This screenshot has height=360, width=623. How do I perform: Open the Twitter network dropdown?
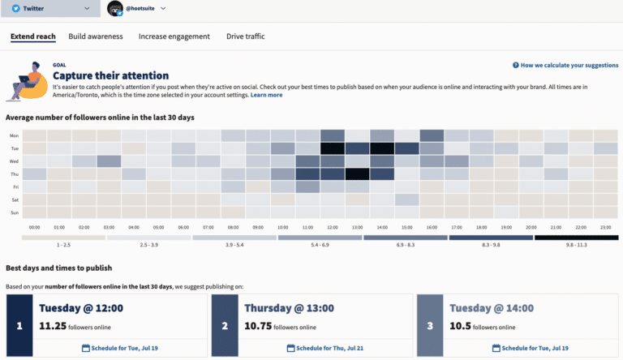(50, 8)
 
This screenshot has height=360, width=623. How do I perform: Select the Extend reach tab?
(33, 36)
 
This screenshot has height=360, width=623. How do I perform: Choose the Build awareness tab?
(96, 36)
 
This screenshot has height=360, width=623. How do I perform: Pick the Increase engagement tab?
(174, 36)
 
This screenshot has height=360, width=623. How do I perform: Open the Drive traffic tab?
(245, 36)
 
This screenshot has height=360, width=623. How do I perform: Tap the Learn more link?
(266, 95)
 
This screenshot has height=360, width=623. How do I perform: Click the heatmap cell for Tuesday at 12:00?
(333, 148)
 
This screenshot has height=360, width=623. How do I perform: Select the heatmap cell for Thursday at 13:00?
(358, 174)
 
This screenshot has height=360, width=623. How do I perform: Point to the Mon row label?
(14, 136)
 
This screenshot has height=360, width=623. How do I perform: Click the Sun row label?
(14, 212)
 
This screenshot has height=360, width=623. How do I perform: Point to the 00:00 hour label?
(34, 228)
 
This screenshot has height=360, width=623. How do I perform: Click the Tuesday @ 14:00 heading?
(491, 308)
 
